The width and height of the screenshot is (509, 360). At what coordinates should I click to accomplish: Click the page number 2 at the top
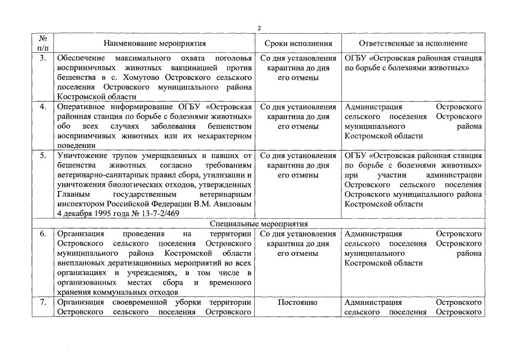pyautogui.click(x=259, y=28)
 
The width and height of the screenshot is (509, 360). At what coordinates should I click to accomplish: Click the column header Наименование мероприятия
pyautogui.click(x=155, y=43)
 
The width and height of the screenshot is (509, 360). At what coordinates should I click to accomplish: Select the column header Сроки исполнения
pyautogui.click(x=298, y=43)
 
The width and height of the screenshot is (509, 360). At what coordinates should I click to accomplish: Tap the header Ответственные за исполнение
pyautogui.click(x=413, y=43)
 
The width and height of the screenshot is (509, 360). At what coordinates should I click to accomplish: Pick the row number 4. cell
pyautogui.click(x=43, y=107)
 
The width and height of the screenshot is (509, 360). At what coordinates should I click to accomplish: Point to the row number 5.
pyautogui.click(x=43, y=155)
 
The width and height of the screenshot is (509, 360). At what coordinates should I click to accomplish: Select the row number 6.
pyautogui.click(x=43, y=233)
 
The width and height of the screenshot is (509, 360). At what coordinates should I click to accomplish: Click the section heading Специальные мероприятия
pyautogui.click(x=259, y=223)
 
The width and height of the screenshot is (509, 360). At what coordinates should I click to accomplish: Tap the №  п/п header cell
pyautogui.click(x=43, y=43)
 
